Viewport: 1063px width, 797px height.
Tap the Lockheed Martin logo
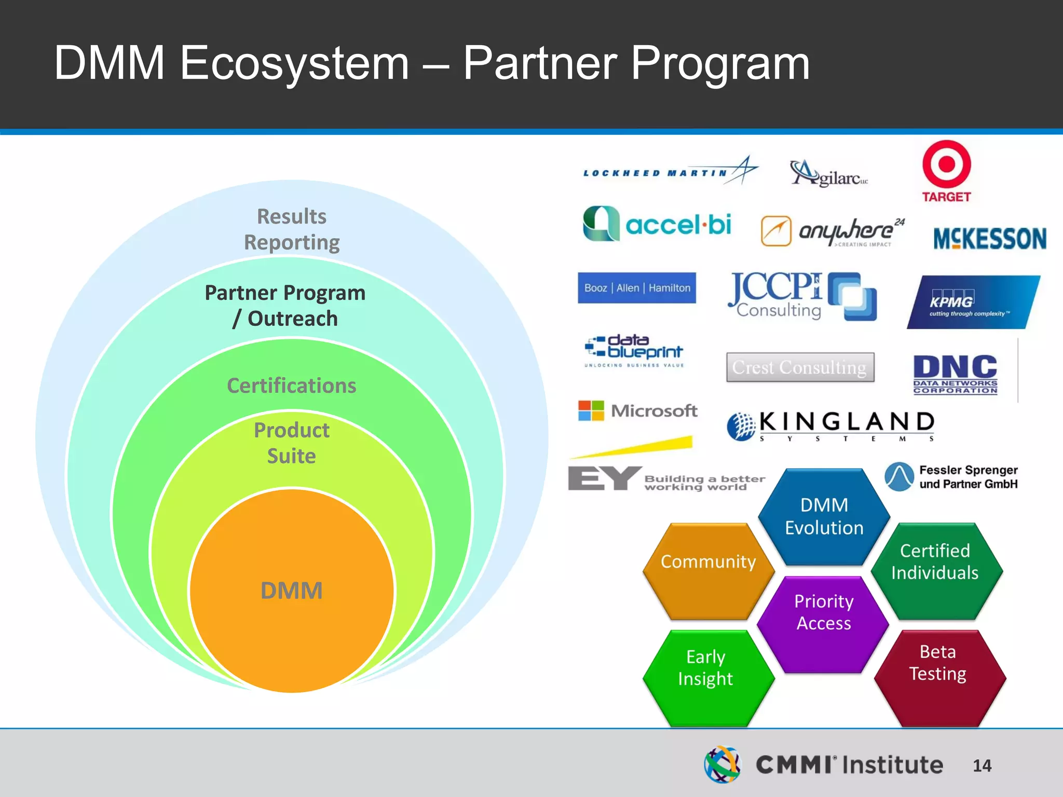click(670, 172)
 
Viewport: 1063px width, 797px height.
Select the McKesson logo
click(989, 239)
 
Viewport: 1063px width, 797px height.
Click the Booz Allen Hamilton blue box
click(637, 288)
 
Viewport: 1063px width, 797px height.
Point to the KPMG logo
click(973, 303)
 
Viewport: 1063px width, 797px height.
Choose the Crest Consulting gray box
click(800, 367)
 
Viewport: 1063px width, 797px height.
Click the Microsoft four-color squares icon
click(591, 410)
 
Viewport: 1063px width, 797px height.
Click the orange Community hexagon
click(708, 571)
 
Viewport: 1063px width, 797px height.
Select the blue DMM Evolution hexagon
click(824, 517)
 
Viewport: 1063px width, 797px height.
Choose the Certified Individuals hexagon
click(936, 571)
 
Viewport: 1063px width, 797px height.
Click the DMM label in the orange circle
click(291, 590)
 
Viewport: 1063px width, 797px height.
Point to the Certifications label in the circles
click(291, 386)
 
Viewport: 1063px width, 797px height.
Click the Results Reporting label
click(292, 229)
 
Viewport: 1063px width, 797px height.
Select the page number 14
click(982, 765)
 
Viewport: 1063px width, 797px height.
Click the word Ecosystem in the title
click(294, 63)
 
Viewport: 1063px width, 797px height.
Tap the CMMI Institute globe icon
click(723, 764)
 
